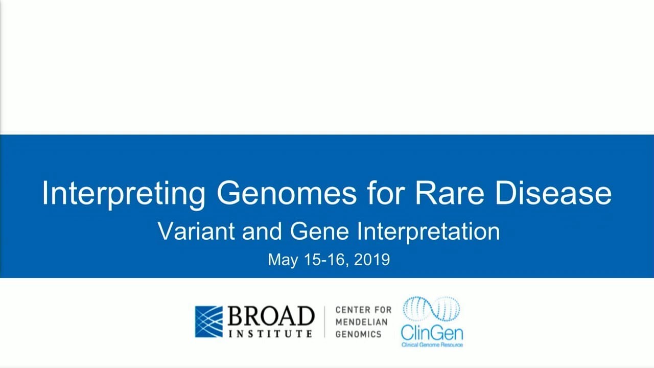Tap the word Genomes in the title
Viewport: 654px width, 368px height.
click(286, 193)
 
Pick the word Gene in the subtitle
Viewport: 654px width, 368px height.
click(320, 231)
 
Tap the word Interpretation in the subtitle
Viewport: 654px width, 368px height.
click(428, 231)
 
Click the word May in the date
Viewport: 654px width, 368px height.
click(283, 260)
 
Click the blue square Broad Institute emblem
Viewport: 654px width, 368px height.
click(209, 321)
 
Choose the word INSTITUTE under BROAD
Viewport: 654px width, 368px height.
click(271, 333)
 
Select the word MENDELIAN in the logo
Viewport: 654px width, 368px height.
click(361, 322)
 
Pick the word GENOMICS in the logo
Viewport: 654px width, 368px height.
click(359, 334)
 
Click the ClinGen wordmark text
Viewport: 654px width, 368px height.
click(432, 334)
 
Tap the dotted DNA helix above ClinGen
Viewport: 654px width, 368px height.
click(432, 310)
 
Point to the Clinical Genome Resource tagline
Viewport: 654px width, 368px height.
click(432, 345)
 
